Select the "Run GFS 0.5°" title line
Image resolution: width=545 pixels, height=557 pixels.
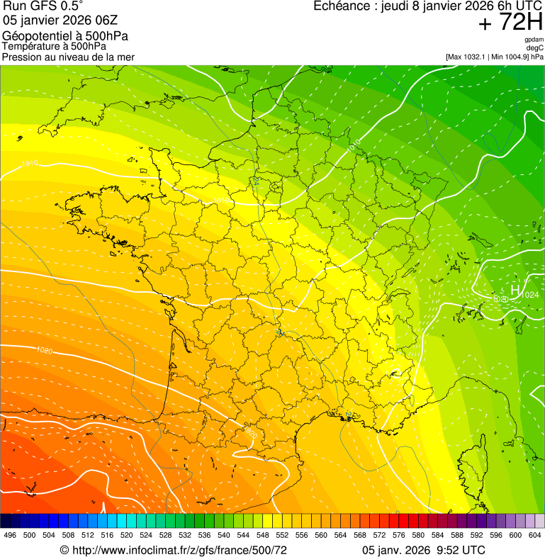coord(42,7)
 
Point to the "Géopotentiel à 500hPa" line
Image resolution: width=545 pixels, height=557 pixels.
coord(65,36)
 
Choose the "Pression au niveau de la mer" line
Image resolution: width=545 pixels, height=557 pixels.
coord(68,57)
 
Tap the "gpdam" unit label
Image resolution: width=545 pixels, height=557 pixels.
coord(534,40)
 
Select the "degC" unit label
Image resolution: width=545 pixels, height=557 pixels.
coord(536,47)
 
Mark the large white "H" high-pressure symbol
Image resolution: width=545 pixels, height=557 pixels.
coord(515,290)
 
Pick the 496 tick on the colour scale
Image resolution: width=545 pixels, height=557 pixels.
coord(10,535)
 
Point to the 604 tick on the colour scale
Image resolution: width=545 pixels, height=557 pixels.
coord(535,535)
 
